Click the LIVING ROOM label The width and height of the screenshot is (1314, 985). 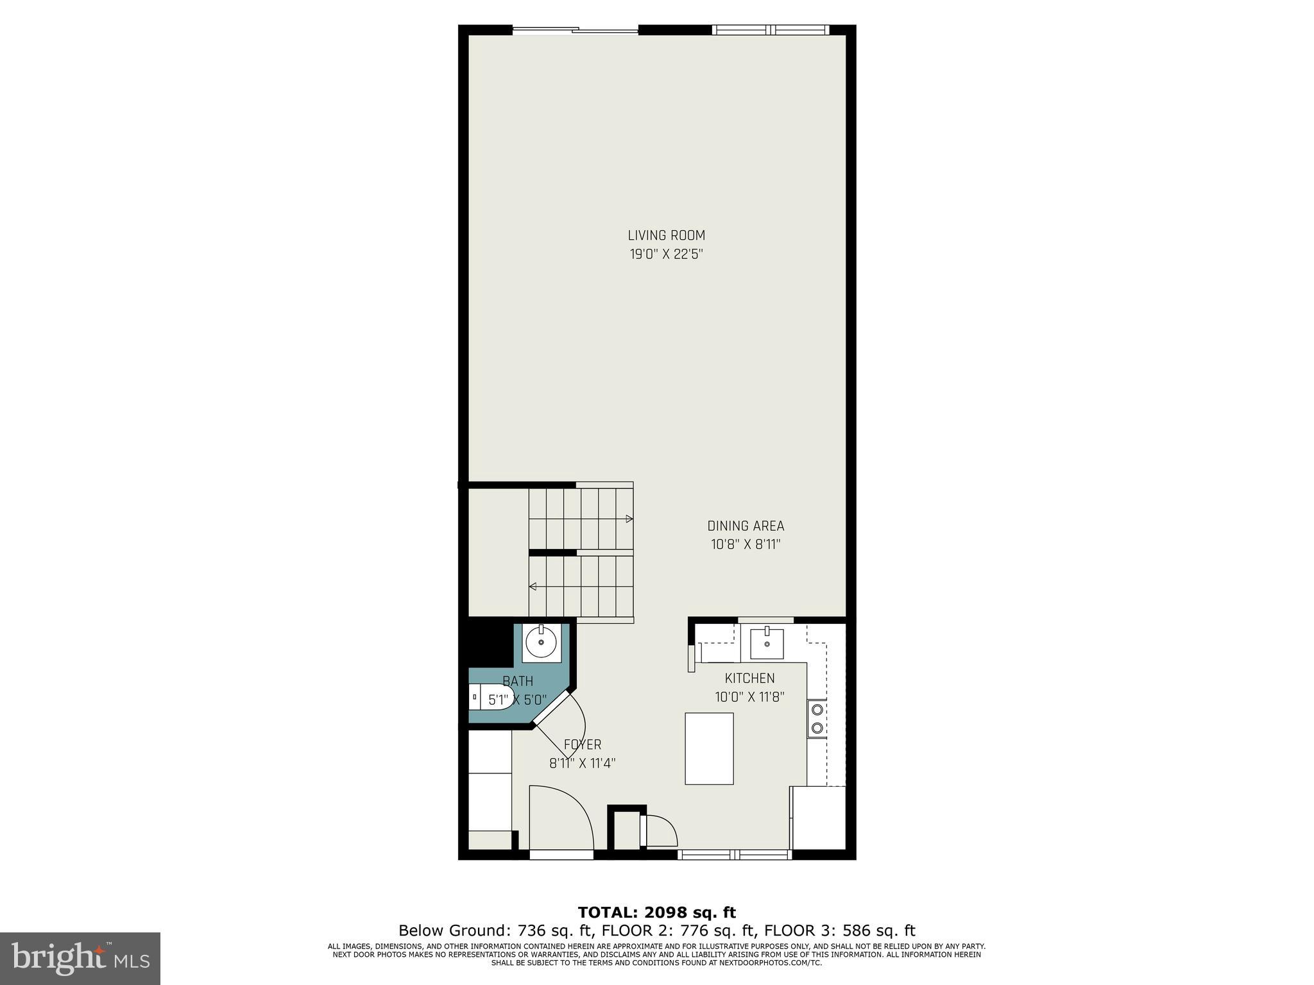pos(666,235)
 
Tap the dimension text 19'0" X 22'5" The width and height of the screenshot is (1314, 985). pos(666,254)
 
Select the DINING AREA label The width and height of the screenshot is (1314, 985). pos(746,526)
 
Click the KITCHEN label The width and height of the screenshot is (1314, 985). pos(749,678)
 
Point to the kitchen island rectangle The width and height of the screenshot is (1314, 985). pos(709,748)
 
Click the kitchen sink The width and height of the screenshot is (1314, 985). pos(767,643)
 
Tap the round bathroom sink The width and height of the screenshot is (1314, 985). pos(541,641)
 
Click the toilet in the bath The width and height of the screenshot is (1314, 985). pos(489,696)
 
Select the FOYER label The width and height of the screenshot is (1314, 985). pos(583,745)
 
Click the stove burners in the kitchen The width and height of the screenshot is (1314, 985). pos(817,718)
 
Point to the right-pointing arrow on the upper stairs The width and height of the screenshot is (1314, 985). pos(629,519)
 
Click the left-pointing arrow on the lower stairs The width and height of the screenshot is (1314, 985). pos(533,586)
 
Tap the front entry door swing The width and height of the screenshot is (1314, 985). pos(561,818)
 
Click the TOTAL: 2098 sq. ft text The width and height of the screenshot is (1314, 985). pos(656,913)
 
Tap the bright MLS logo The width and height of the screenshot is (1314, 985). pos(80,958)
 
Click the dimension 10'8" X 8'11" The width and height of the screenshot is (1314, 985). pos(746,544)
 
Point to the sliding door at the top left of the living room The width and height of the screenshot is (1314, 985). pos(576,29)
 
